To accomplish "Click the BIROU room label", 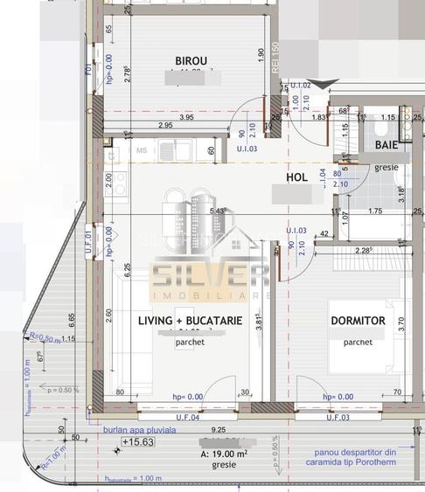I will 191,60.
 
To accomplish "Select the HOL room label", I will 298,177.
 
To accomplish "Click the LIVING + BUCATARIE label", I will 190,321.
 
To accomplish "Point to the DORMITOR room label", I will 358,321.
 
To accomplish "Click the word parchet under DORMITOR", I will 358,342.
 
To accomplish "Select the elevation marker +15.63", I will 137,443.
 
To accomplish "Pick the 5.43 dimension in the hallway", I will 219,211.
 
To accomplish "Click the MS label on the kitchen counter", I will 139,150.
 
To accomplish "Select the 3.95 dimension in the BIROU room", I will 185,117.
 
